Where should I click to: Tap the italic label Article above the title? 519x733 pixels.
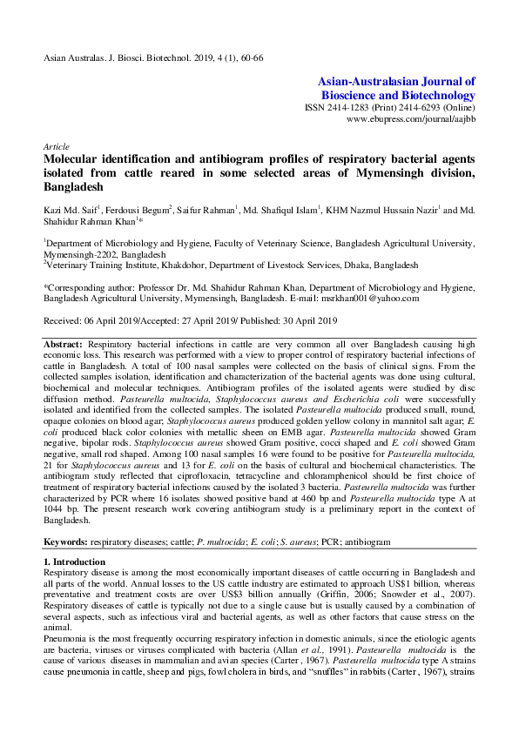tap(54, 147)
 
